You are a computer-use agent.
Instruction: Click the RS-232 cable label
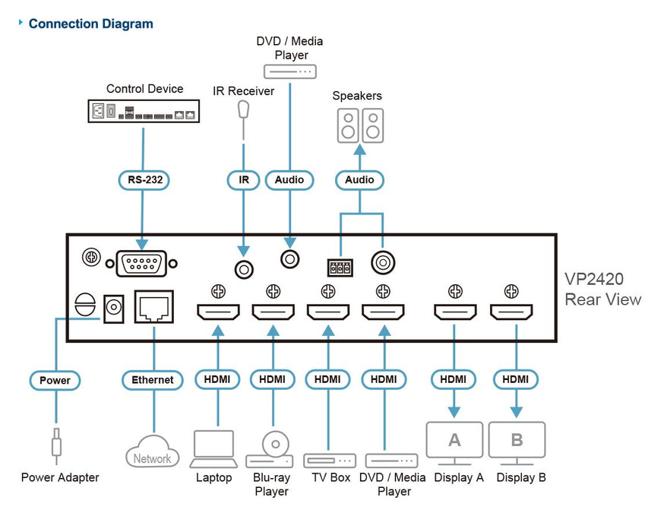click(x=143, y=180)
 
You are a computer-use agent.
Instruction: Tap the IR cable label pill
click(x=244, y=180)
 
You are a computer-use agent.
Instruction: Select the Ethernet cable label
click(x=153, y=379)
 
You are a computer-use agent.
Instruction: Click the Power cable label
click(x=55, y=379)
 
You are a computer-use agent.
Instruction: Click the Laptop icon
click(x=213, y=448)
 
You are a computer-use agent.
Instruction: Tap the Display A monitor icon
click(x=454, y=442)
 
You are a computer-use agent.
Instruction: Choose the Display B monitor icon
click(x=517, y=442)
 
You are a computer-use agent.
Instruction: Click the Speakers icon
click(x=359, y=125)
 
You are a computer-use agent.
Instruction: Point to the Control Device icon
click(x=144, y=112)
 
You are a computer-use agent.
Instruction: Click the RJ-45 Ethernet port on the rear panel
click(x=153, y=309)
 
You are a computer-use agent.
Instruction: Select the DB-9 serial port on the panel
click(x=143, y=264)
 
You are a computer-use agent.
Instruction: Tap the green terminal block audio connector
click(x=340, y=268)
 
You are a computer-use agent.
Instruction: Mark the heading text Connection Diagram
click(x=90, y=24)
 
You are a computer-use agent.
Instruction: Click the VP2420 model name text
click(x=594, y=279)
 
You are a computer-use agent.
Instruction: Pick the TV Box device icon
click(x=330, y=461)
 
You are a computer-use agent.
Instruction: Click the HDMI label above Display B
click(x=516, y=379)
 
